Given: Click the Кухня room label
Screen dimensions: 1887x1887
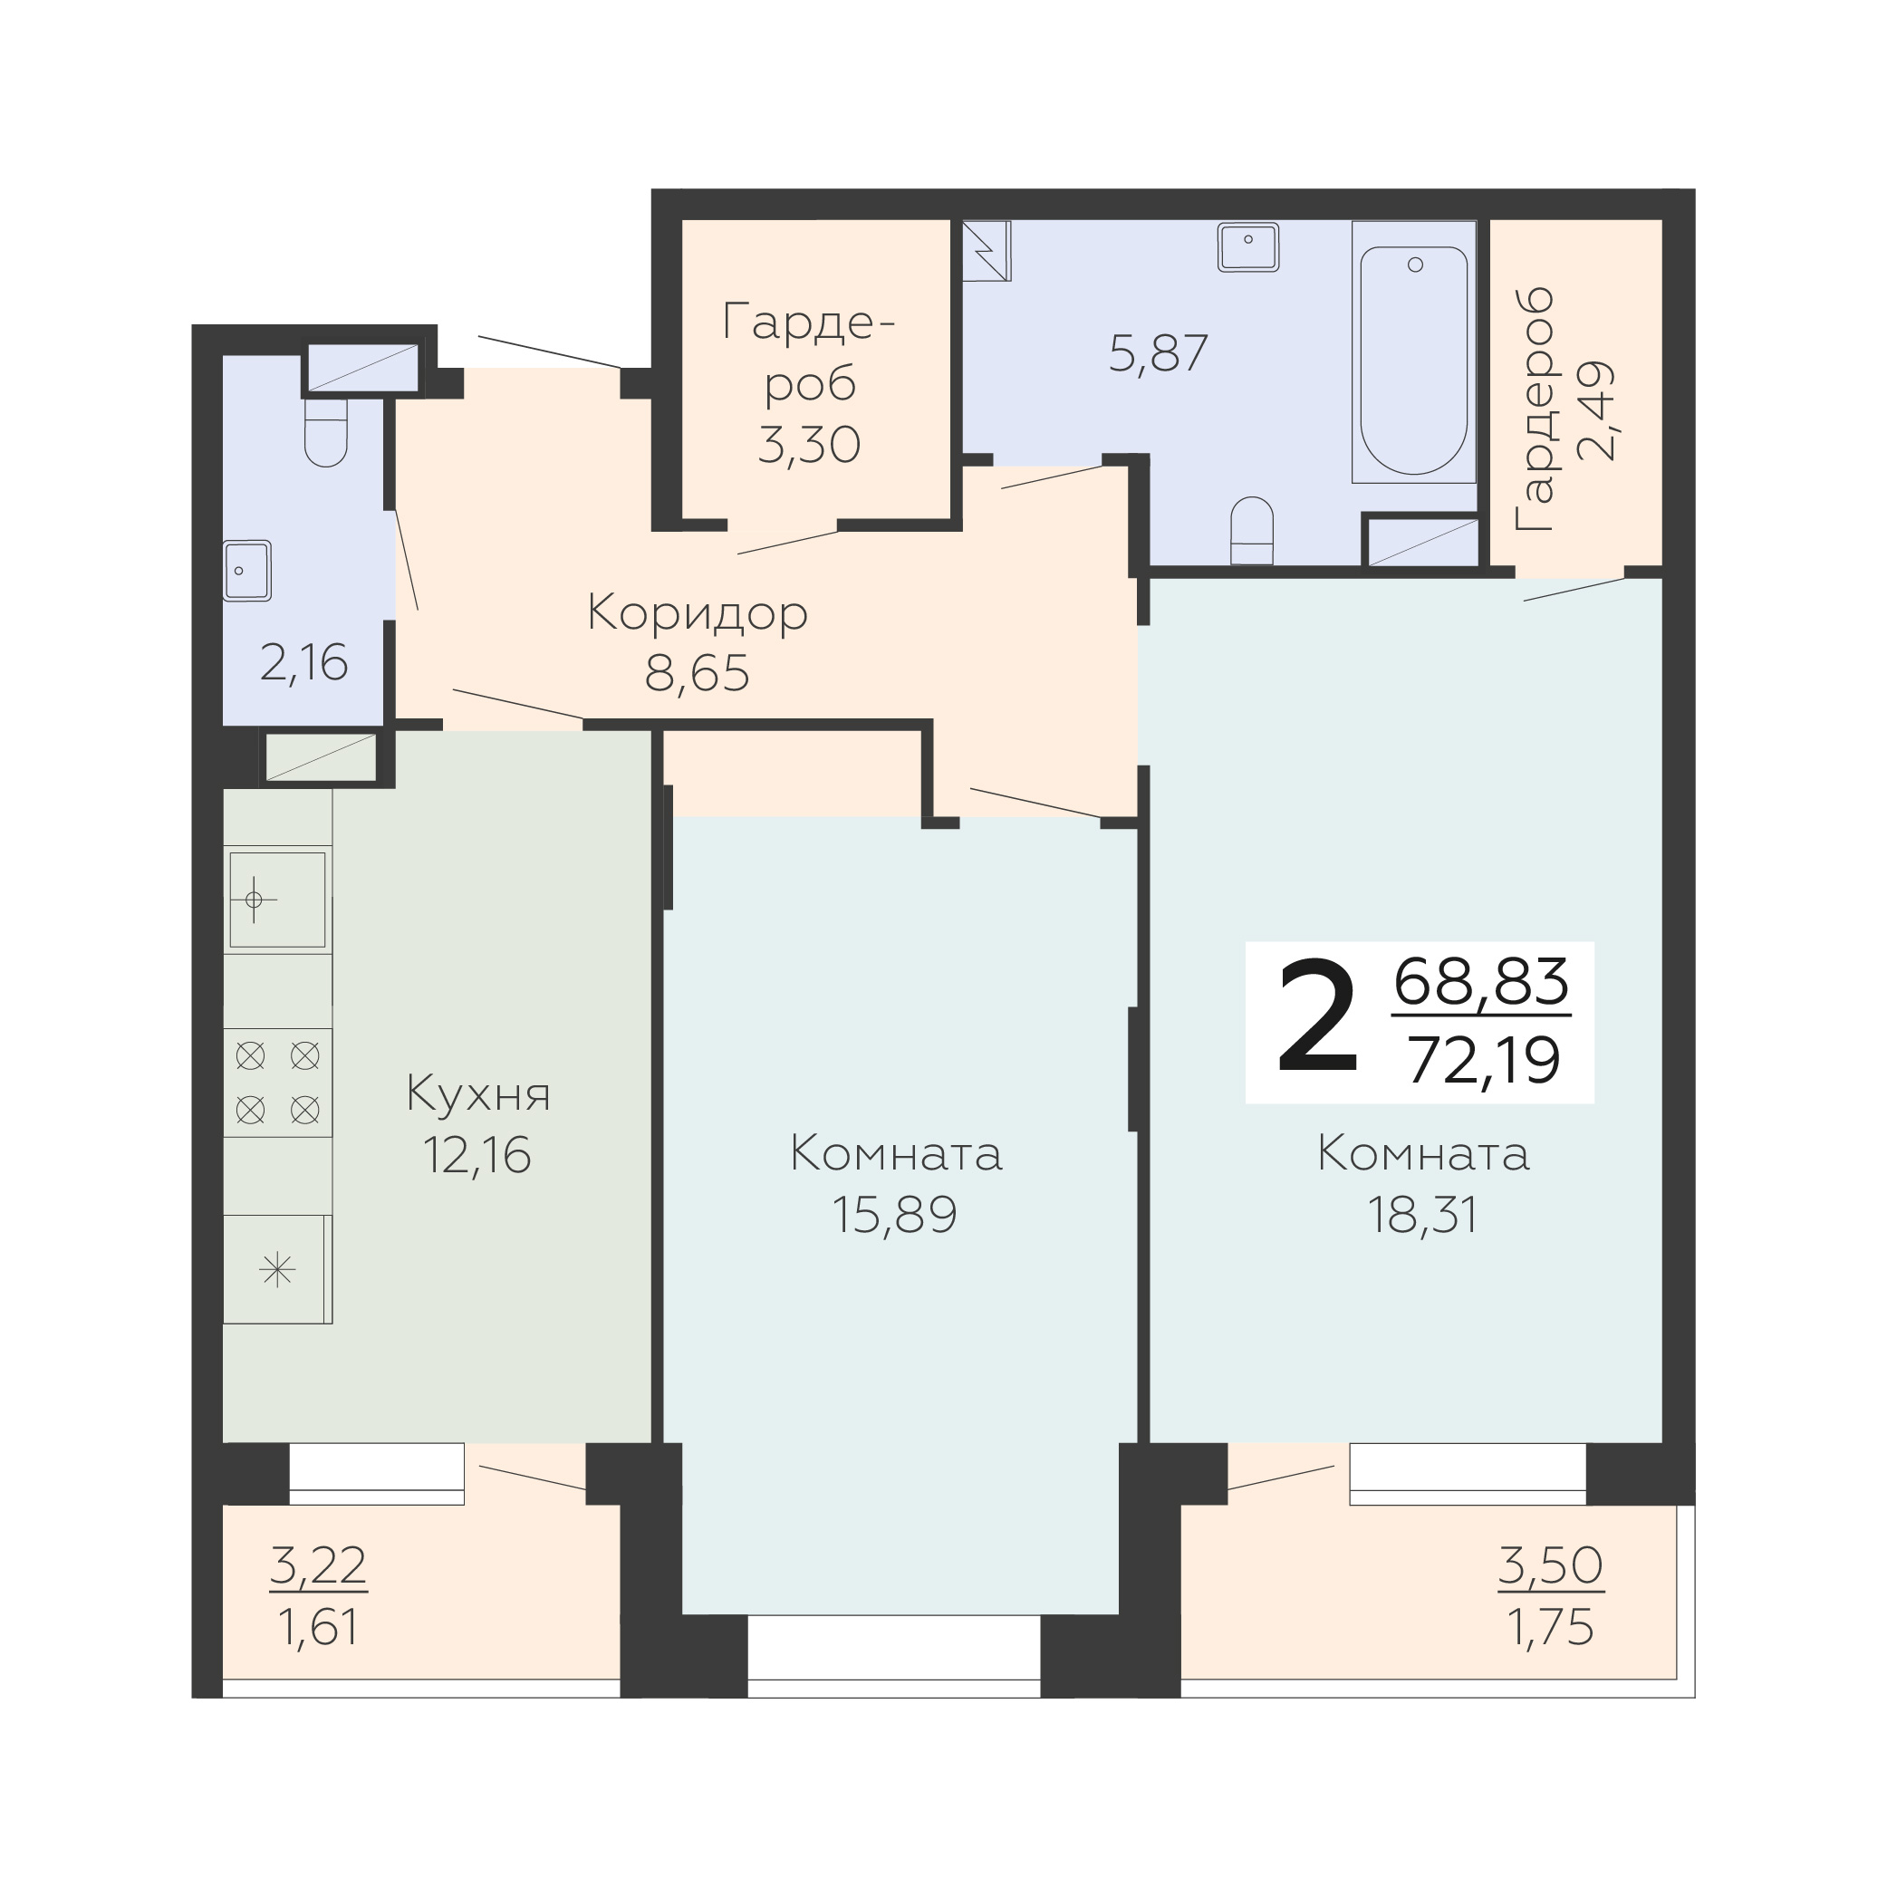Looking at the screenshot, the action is click(477, 1094).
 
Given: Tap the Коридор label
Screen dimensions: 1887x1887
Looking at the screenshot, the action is click(698, 613).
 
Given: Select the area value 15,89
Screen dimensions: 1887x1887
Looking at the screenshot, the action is click(895, 1214).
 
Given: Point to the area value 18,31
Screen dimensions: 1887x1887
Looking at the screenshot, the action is click(1422, 1214).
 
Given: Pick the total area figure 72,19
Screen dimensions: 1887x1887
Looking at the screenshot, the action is click(1484, 1061).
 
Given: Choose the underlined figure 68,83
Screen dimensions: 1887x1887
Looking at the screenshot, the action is click(1482, 982).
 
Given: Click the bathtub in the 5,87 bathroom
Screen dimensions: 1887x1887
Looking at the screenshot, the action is click(1413, 352).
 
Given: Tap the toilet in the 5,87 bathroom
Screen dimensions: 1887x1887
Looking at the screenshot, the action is click(1251, 530).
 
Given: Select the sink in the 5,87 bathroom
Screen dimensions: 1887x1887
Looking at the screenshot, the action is click(1248, 247).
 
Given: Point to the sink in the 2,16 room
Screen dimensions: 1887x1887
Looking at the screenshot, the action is click(247, 571).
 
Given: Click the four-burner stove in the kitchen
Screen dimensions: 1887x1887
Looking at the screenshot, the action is click(277, 1083).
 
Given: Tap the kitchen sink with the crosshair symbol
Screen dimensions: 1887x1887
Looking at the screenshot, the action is click(277, 900).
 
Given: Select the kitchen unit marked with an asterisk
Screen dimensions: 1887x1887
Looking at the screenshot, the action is click(277, 1270).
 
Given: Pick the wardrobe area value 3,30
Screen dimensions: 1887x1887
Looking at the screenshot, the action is click(809, 445).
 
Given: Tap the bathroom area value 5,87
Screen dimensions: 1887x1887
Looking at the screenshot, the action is click(1159, 353).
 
